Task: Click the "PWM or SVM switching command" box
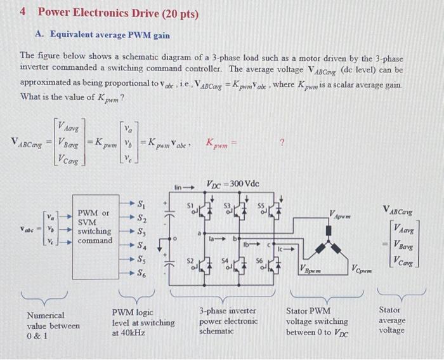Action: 95,227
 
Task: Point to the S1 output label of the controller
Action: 143,204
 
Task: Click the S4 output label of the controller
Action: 143,245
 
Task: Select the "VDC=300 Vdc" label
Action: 233,184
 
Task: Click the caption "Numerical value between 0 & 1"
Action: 53,326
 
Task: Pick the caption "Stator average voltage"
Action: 392,320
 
